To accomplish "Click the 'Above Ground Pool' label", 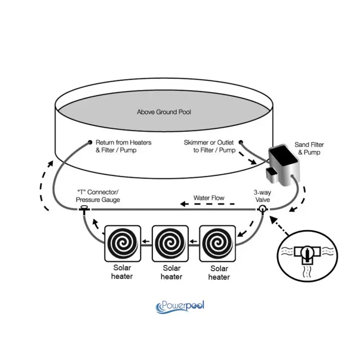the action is pos(164,112).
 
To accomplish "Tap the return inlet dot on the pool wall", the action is pos(90,142).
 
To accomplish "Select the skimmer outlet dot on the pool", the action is pos(241,142).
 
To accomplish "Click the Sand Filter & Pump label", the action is pos(309,148).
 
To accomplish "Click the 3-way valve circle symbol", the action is pos(262,209).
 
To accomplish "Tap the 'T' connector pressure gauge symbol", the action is pos(84,209).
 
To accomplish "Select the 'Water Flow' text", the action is pos(209,198).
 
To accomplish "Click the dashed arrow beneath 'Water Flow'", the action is pos(208,204).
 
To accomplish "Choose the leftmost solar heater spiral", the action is pos(123,244).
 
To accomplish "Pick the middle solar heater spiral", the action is pos(170,244).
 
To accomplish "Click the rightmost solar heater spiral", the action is pos(218,244).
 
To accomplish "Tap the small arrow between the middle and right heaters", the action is pos(193,241).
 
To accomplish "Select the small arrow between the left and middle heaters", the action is pos(146,241).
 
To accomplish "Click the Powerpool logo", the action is pos(180,307).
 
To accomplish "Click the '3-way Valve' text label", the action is pos(263,196).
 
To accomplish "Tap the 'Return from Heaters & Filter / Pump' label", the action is pos(124,146).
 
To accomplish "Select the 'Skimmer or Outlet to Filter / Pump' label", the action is pos(209,146).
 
